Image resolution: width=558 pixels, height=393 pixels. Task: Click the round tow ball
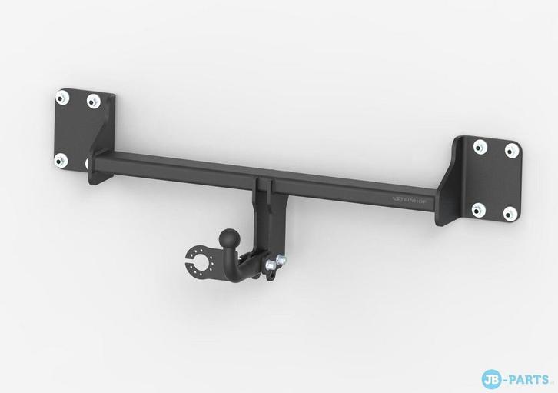(x=229, y=236)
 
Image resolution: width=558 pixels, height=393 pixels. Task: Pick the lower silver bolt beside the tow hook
(x=270, y=266)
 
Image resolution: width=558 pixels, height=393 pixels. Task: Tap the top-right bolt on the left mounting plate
(x=93, y=100)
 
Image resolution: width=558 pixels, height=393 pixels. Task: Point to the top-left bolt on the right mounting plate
(x=480, y=145)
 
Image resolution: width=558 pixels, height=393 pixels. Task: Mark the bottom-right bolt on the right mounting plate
(x=508, y=211)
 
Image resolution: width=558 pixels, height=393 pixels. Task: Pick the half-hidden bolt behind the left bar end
(x=89, y=163)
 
